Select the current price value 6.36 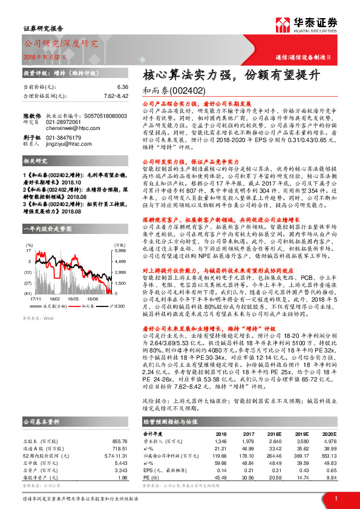pos(123,87)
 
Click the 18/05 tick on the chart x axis pos(74,281)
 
